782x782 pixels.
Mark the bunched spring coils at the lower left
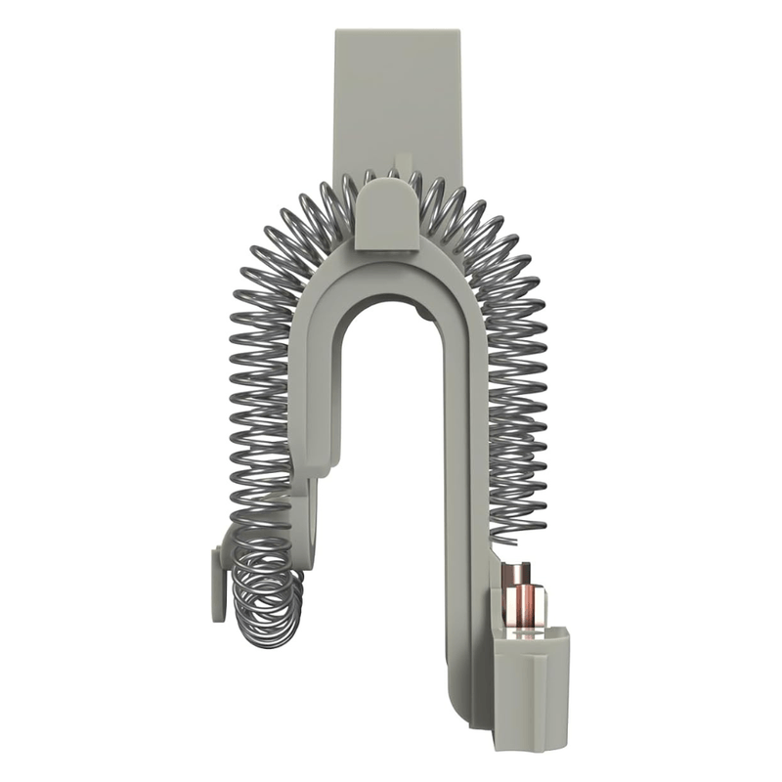(264, 591)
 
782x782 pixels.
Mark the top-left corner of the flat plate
(337, 32)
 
